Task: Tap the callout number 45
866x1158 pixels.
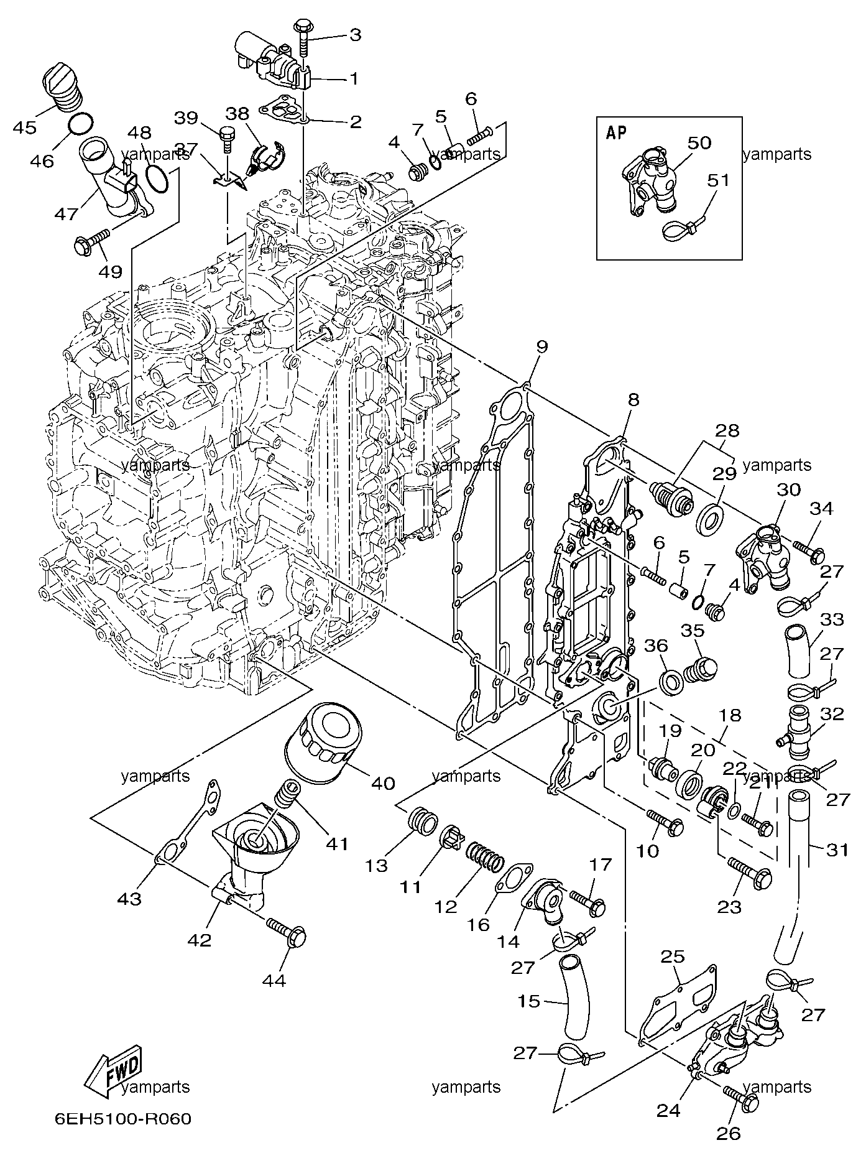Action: tap(25, 127)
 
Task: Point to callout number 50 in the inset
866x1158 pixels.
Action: tap(699, 143)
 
